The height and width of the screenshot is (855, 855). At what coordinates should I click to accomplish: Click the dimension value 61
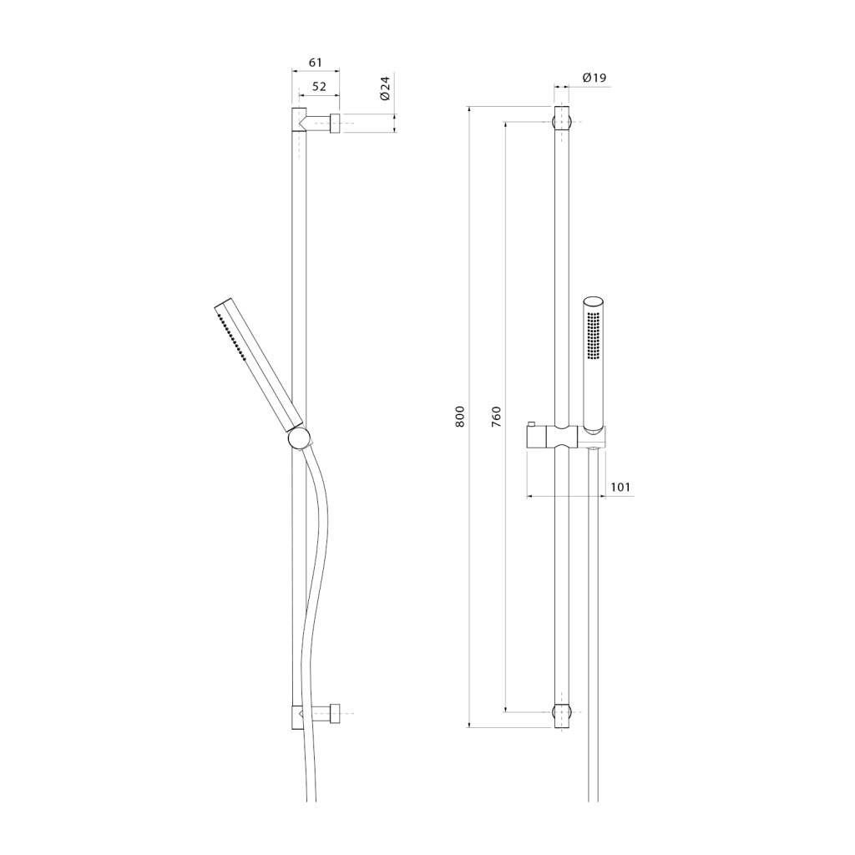(316, 63)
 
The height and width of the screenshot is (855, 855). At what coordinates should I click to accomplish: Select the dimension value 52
(319, 86)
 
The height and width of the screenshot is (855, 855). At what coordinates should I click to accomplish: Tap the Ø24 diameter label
(385, 88)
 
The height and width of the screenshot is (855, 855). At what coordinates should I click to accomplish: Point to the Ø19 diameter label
(594, 78)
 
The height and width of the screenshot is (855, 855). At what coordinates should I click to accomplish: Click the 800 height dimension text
(460, 417)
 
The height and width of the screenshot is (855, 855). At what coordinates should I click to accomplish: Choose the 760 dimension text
(496, 417)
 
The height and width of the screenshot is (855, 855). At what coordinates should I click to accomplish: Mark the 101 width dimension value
(620, 487)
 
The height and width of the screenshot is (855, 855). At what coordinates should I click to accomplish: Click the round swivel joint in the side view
(299, 438)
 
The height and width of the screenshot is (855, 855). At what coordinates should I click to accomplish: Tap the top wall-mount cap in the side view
(336, 124)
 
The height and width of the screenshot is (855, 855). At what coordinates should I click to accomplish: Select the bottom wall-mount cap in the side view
(336, 713)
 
